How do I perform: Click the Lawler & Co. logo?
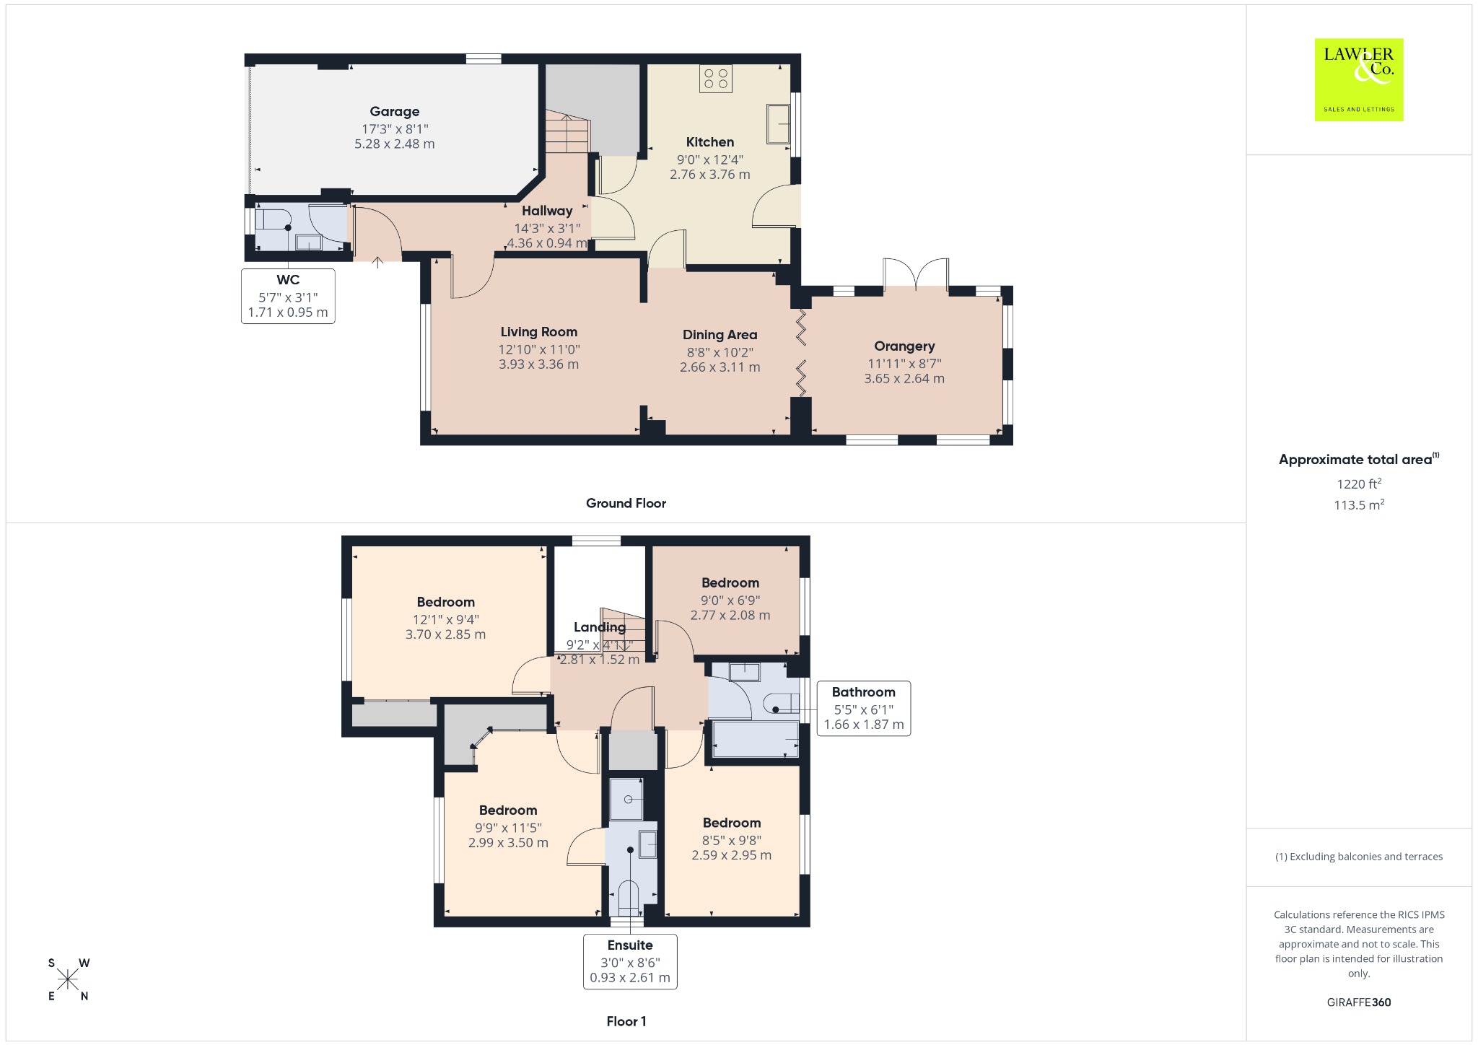[x=1358, y=79]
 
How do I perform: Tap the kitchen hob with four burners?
[x=716, y=79]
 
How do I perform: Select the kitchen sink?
[x=778, y=124]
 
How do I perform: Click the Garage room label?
[x=395, y=111]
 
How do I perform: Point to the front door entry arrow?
[x=377, y=261]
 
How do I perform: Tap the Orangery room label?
[x=904, y=346]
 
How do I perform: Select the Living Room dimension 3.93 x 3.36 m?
[x=539, y=364]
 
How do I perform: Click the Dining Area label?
[x=720, y=335]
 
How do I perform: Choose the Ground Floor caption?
[x=626, y=503]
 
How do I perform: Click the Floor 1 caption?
[x=626, y=1021]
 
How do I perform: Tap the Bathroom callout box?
[x=864, y=708]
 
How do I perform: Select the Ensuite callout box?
[x=630, y=961]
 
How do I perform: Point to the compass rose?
[x=69, y=979]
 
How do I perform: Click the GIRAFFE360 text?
[x=1359, y=1002]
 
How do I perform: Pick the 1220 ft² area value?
[x=1359, y=484]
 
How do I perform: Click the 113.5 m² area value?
[x=1359, y=504]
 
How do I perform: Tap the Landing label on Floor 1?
[x=600, y=627]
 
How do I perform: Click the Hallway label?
[x=547, y=211]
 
